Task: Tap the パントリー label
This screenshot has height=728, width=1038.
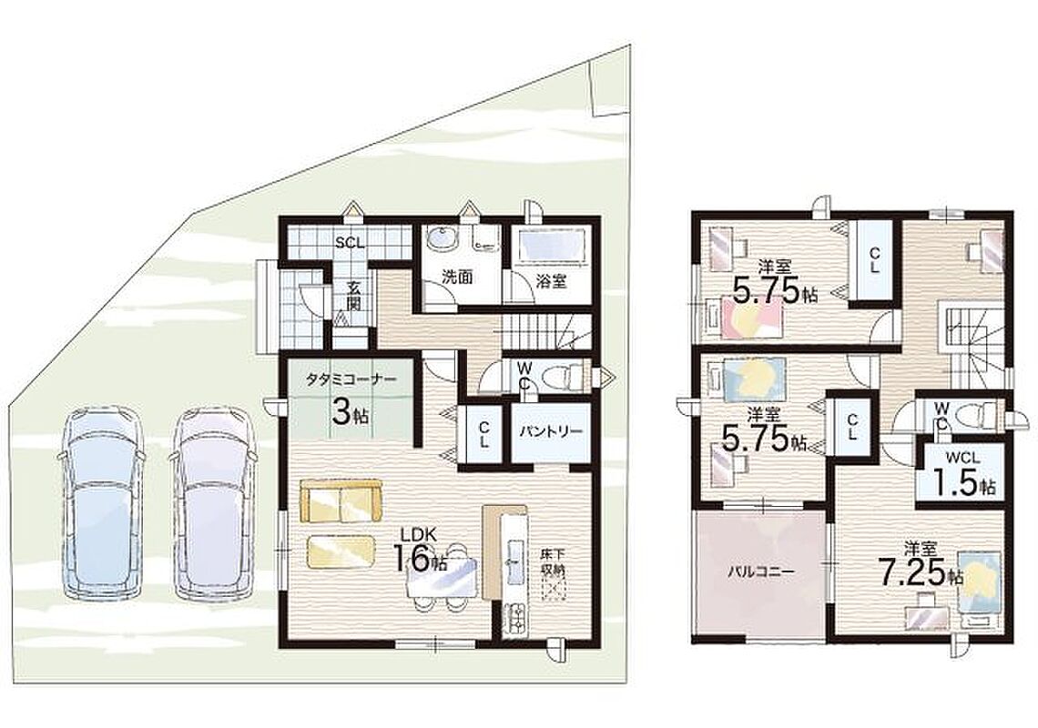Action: (x=550, y=432)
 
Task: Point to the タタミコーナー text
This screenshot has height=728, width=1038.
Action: (x=351, y=379)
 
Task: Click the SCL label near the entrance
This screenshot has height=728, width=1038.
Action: (x=349, y=243)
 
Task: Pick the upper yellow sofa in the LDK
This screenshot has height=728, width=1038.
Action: (x=341, y=501)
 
